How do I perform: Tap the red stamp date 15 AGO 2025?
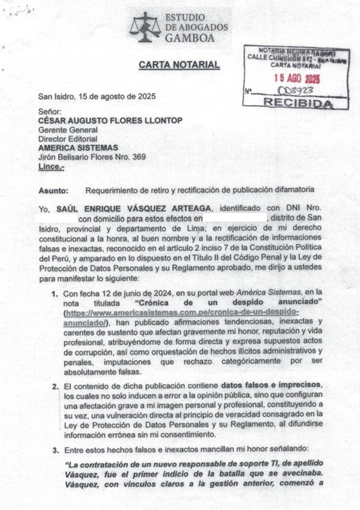296,78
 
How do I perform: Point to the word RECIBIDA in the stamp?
298,103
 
